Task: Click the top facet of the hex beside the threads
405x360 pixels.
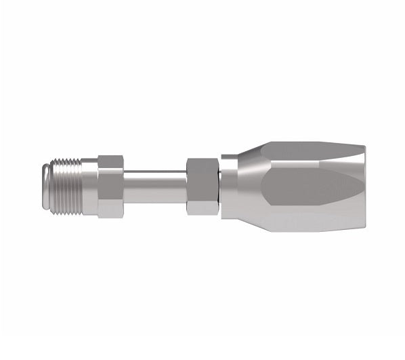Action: pos(110,161)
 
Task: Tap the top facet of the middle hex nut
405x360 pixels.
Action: pos(200,163)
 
